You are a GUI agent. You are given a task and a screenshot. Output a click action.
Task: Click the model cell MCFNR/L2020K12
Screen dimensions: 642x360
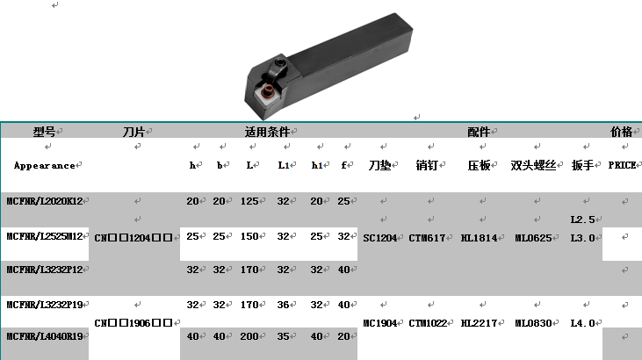[45, 201]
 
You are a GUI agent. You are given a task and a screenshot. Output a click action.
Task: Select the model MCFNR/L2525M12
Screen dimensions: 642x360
[45, 236]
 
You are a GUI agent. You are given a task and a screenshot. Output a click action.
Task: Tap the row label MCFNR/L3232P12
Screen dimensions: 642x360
[45, 270]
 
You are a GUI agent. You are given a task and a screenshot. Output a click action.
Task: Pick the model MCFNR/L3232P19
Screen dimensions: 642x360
[45, 305]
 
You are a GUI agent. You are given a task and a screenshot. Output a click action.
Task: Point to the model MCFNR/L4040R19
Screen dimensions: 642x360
[45, 336]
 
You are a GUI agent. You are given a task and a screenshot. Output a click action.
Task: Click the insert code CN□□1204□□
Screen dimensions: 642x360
[133, 238]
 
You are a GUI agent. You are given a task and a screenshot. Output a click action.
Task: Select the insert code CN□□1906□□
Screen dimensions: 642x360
[133, 323]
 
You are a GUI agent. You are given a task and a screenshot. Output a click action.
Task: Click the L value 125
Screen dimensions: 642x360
[249, 201]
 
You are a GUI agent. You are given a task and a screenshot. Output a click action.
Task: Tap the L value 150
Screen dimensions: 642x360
[249, 236]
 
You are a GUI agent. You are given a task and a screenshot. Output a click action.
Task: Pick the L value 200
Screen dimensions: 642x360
[249, 336]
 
